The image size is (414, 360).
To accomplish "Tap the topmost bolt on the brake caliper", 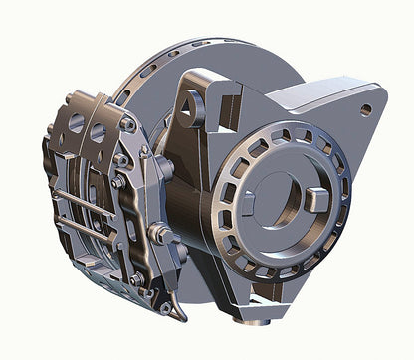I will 127,125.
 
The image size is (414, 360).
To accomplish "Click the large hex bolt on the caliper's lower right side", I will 159,235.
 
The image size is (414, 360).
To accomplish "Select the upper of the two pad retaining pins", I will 85,195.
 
